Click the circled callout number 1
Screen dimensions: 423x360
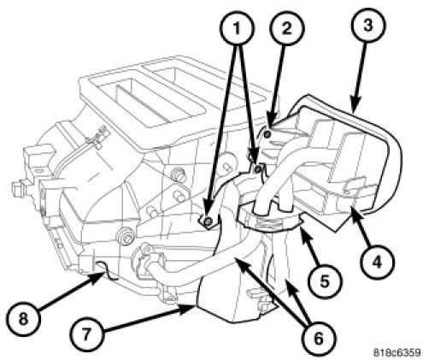(237, 28)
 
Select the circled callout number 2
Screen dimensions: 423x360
(287, 28)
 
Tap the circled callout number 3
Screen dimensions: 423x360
(368, 25)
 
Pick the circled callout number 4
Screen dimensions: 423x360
(377, 262)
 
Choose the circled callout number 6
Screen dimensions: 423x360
(319, 339)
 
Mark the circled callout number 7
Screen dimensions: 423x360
(87, 335)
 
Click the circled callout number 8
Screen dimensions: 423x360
(24, 318)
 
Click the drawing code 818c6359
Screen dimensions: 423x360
(397, 352)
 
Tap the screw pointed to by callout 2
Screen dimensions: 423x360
(267, 134)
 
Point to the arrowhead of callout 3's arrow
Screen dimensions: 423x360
(354, 107)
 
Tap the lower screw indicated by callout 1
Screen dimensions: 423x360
(209, 221)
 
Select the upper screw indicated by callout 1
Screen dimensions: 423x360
(258, 169)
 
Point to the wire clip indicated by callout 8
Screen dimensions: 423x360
(106, 271)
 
